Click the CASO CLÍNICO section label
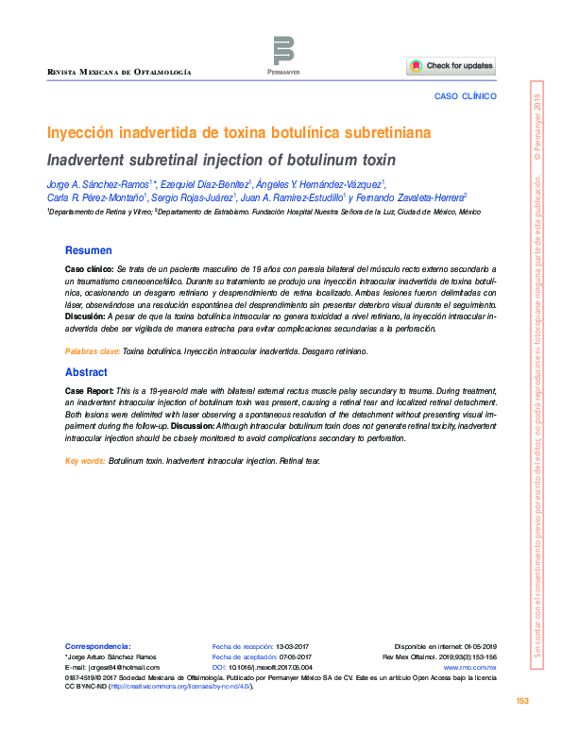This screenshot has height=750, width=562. (465, 96)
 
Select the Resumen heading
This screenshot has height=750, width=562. (88, 250)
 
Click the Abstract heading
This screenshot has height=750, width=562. (86, 372)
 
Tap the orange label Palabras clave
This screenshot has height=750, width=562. (92, 350)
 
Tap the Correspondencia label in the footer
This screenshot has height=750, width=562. (96, 645)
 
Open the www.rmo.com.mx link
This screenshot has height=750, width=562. (469, 667)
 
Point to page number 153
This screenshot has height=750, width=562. (521, 700)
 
